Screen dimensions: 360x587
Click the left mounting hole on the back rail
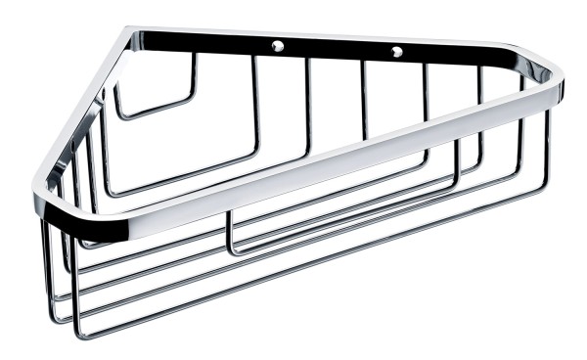pyautogui.click(x=279, y=45)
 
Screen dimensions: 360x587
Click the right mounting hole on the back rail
pyautogui.click(x=396, y=51)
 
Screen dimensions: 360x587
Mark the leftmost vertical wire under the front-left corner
pyautogui.click(x=44, y=264)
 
